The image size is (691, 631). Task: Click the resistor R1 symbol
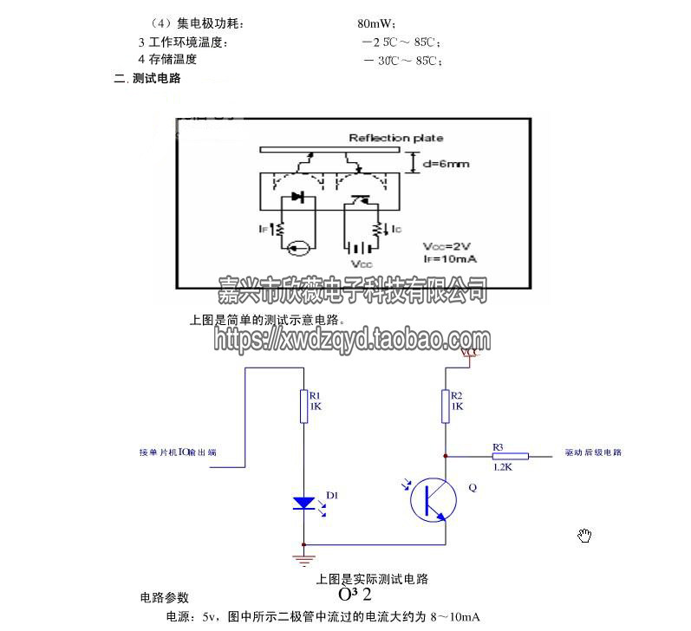(303, 407)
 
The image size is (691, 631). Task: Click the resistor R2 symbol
(446, 407)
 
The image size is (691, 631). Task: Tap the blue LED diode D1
(304, 502)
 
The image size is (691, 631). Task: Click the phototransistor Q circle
(433, 499)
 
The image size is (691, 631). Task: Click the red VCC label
(469, 354)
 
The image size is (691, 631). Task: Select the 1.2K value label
(501, 466)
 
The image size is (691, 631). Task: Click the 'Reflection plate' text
(395, 138)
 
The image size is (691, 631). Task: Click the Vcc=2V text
(447, 246)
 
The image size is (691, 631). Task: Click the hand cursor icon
(584, 536)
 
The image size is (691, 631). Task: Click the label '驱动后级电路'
(593, 452)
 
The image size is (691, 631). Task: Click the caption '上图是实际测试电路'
(372, 579)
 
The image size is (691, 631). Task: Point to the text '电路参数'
(164, 598)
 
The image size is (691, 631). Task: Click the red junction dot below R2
(446, 454)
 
